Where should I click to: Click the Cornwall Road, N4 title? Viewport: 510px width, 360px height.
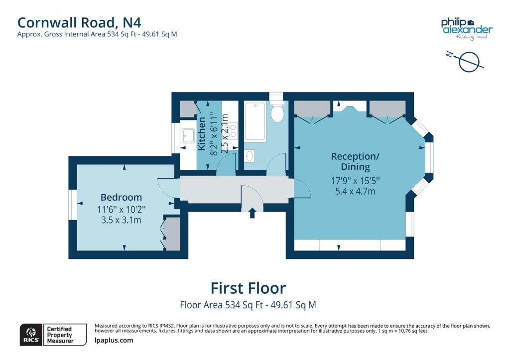(x=83, y=22)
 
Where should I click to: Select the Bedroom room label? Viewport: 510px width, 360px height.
(x=121, y=197)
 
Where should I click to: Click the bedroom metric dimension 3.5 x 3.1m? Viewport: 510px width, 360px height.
(x=121, y=220)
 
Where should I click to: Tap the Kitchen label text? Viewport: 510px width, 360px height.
(x=202, y=133)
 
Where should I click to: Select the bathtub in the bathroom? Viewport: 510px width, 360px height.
(x=255, y=121)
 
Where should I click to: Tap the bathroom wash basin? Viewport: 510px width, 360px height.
(x=250, y=156)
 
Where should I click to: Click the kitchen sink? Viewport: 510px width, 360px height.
(x=188, y=135)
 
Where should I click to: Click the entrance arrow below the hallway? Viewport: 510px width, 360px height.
(x=252, y=213)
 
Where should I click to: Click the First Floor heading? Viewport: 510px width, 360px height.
(x=248, y=288)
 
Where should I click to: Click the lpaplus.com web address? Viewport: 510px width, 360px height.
(x=114, y=341)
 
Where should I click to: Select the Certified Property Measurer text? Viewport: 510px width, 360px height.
(x=59, y=335)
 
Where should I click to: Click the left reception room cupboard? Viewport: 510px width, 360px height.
(x=312, y=109)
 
